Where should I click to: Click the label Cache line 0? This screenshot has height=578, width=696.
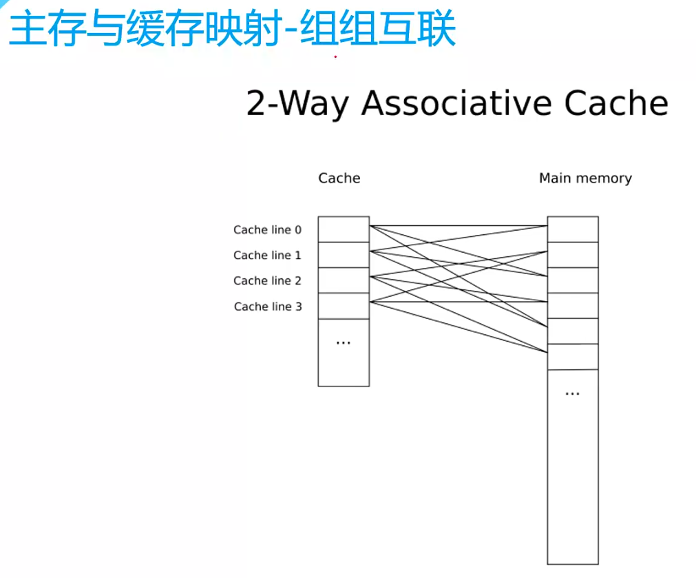[x=267, y=230]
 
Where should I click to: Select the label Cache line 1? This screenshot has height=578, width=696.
[x=267, y=256]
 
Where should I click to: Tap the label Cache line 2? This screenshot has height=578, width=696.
[x=267, y=281]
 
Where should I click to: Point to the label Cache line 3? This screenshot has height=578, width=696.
[x=268, y=307]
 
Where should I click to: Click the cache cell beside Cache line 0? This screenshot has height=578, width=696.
[x=344, y=229]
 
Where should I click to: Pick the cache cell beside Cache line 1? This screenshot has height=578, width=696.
[x=344, y=255]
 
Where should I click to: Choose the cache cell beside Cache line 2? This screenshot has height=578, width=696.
[x=344, y=280]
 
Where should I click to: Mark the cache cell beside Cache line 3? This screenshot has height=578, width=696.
[x=344, y=306]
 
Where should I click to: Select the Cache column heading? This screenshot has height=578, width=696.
[x=339, y=178]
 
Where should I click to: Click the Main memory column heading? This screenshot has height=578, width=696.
[x=585, y=178]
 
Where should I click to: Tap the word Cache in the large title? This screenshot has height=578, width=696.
[x=616, y=104]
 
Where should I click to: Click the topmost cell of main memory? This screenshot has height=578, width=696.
[x=573, y=229]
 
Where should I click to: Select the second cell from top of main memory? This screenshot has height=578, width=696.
[x=573, y=255]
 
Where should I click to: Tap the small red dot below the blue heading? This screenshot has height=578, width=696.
[x=335, y=57]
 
